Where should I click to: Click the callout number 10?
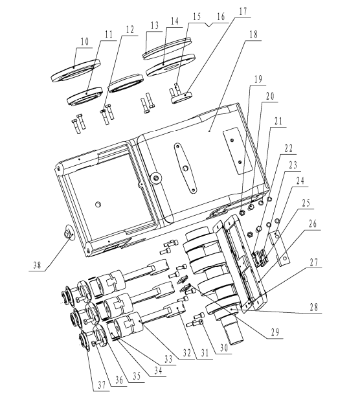point(85,42)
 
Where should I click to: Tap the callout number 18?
point(254,35)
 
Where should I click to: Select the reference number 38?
point(37,265)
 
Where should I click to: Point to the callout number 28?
point(314,307)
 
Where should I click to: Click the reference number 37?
point(102,385)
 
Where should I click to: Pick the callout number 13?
point(155,25)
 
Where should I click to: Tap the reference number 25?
point(306,203)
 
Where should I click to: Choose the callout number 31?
point(205,353)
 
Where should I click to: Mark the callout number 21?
point(278,121)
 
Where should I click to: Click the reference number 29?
point(275,333)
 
